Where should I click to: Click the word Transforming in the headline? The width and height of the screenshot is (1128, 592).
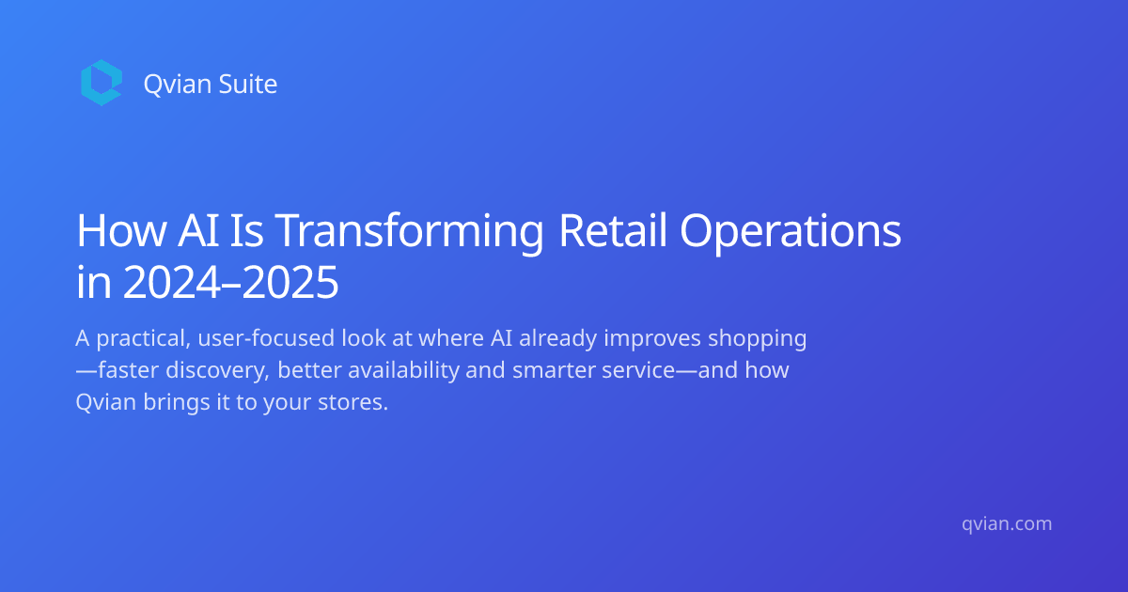pyautogui.click(x=410, y=231)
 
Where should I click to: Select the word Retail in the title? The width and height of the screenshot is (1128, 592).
pyautogui.click(x=612, y=230)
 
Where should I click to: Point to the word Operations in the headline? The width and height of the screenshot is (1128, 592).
pyautogui.click(x=791, y=231)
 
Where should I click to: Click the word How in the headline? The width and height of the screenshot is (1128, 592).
pyautogui.click(x=120, y=230)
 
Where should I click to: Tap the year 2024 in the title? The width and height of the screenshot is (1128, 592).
pyautogui.click(x=172, y=283)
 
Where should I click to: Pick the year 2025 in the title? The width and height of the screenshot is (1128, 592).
pyautogui.click(x=290, y=283)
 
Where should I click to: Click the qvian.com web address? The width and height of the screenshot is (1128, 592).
pyautogui.click(x=1007, y=524)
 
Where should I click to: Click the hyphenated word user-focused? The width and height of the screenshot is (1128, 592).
pyautogui.click(x=266, y=337)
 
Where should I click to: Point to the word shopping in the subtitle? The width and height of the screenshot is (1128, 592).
pyautogui.click(x=758, y=338)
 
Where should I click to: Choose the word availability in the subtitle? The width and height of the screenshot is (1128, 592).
pyautogui.click(x=404, y=370)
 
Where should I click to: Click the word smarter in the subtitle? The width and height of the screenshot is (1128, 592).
pyautogui.click(x=554, y=370)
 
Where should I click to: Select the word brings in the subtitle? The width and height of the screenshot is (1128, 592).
pyautogui.click(x=177, y=403)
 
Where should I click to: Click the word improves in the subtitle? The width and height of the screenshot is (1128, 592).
pyautogui.click(x=652, y=338)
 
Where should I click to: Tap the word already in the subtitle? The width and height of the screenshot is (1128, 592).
pyautogui.click(x=558, y=338)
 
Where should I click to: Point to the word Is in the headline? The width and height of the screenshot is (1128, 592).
pyautogui.click(x=246, y=230)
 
